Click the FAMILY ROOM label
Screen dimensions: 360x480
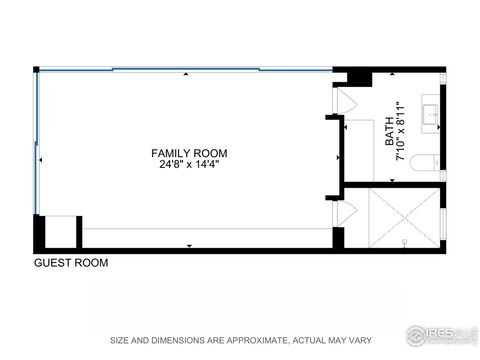[189, 153]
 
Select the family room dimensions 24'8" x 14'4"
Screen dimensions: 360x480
[189, 165]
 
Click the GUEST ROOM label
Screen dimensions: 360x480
[71, 263]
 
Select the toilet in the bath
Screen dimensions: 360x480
[425, 163]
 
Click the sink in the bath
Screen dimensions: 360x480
[432, 114]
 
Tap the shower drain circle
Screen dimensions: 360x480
[405, 243]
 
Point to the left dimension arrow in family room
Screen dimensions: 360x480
[40, 159]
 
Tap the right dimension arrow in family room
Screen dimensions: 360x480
[338, 159]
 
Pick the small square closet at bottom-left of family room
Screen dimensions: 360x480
[61, 231]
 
